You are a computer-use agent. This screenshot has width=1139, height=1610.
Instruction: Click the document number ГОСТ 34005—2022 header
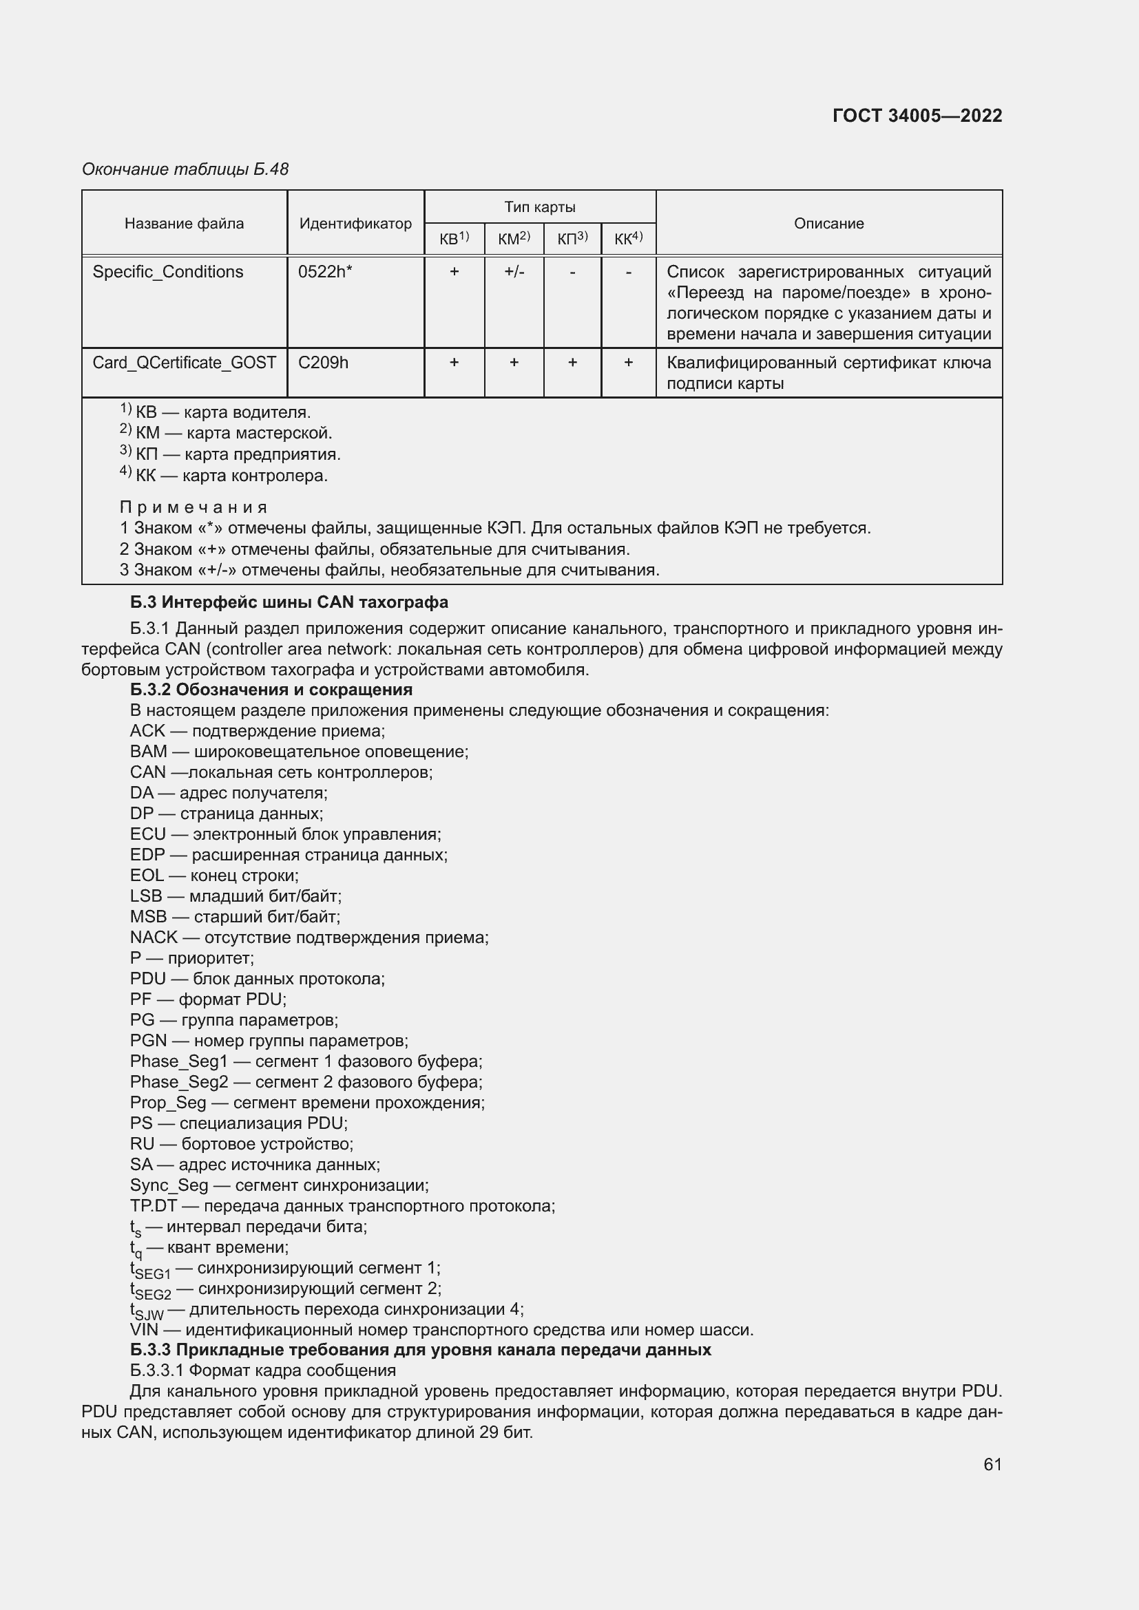[x=917, y=116]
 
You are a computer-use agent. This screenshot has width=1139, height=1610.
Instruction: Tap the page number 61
[x=992, y=1464]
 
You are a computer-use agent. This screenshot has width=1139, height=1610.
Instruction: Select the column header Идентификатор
[x=355, y=224]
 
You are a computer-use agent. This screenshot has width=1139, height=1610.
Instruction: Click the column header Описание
[x=828, y=224]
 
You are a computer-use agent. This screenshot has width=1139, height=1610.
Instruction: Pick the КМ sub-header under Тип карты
[x=514, y=239]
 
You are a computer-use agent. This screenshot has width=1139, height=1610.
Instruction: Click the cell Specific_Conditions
[x=167, y=272]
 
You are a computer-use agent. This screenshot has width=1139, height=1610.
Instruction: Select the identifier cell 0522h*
[x=325, y=272]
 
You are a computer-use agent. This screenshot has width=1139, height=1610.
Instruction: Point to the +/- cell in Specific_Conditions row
[x=514, y=272]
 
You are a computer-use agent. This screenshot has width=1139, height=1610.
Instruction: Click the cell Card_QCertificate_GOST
[x=184, y=363]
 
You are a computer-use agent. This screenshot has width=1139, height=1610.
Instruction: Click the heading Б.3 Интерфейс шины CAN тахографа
[x=289, y=602]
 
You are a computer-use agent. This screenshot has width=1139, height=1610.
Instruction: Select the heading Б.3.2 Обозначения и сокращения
[x=271, y=689]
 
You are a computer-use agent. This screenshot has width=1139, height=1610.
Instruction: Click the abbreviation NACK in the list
[x=154, y=938]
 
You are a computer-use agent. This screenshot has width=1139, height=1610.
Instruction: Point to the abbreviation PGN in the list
[x=148, y=1041]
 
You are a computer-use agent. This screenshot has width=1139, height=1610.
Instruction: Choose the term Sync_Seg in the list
[x=169, y=1186]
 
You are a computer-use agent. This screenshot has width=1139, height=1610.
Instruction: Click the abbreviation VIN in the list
[x=145, y=1331]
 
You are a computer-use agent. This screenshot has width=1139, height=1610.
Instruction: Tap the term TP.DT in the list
[x=153, y=1206]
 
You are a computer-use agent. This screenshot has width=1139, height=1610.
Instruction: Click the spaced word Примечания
[x=194, y=507]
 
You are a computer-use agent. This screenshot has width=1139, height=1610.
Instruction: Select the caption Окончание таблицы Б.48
[x=185, y=170]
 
